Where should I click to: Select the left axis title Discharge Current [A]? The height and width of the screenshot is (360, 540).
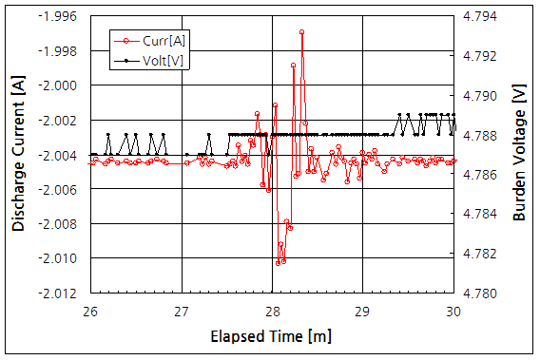pyautogui.click(x=18, y=156)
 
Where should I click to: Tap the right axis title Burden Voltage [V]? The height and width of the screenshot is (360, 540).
pyautogui.click(x=519, y=156)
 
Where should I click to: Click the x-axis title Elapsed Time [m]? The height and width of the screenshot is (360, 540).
pyautogui.click(x=271, y=336)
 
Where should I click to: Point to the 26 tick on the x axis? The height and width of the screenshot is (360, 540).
pyautogui.click(x=91, y=311)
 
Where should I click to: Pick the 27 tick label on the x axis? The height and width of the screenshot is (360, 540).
pyautogui.click(x=182, y=311)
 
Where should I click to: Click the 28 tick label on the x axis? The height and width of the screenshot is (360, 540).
pyautogui.click(x=272, y=311)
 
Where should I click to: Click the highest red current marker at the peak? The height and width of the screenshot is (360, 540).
pyautogui.click(x=302, y=32)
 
